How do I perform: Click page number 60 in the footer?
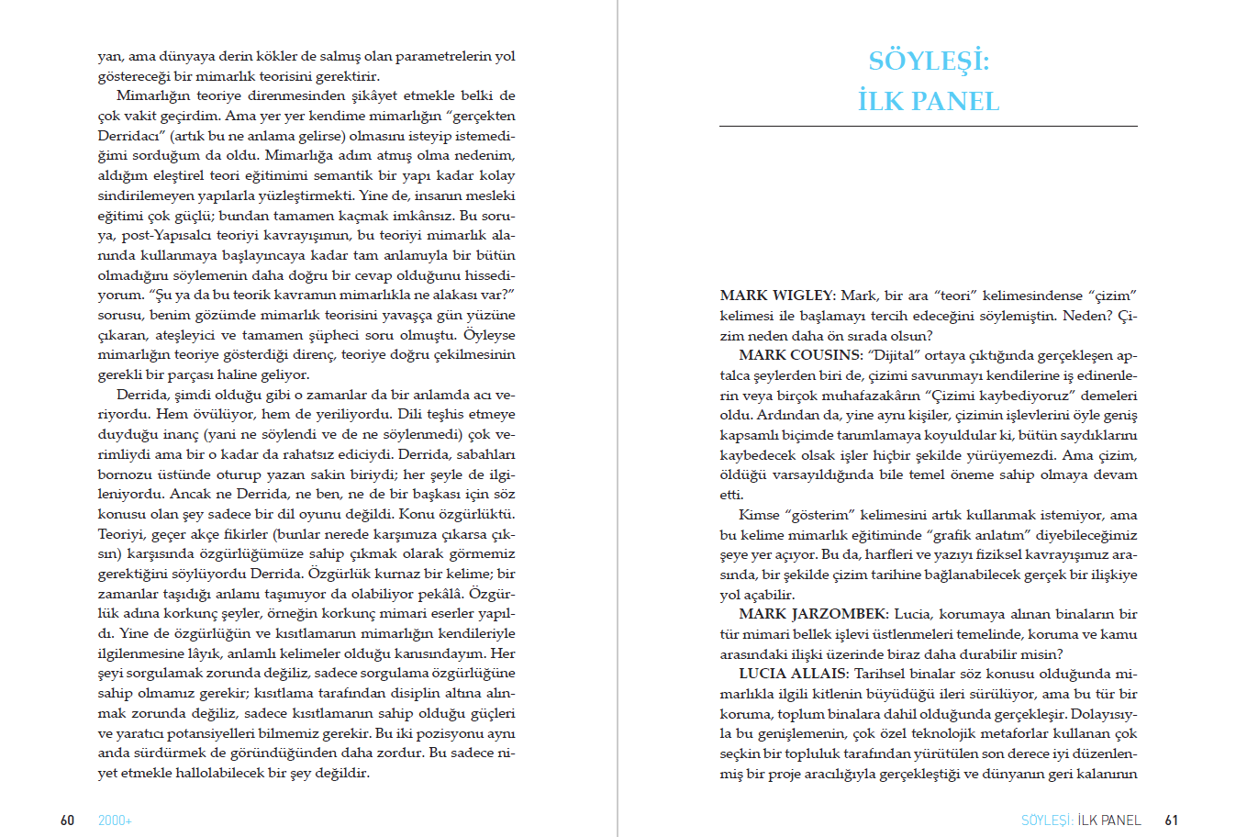point(67,820)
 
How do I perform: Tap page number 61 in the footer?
point(1171,820)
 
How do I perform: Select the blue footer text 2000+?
point(115,820)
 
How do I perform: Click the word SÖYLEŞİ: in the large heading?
point(929,61)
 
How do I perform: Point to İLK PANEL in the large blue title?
point(929,101)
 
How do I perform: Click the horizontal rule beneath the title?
point(929,126)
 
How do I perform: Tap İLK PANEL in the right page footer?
point(1109,820)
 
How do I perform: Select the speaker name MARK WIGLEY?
point(777,296)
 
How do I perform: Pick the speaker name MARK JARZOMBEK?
point(813,614)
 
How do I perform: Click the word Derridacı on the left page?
point(130,136)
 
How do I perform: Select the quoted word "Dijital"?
point(893,355)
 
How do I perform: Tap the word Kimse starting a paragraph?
point(759,515)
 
